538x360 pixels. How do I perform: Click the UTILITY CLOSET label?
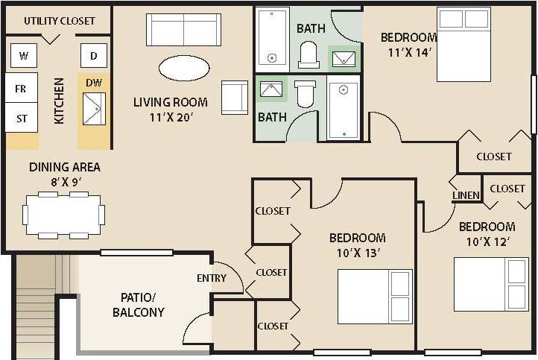[59, 21]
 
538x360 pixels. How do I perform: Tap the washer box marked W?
[23, 55]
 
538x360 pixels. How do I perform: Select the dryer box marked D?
[94, 55]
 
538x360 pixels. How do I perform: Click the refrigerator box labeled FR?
[22, 88]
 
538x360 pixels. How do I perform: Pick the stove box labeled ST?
[22, 118]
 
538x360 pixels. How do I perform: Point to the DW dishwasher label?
[94, 83]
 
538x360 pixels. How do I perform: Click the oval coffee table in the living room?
[184, 69]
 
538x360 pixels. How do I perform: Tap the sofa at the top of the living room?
[183, 29]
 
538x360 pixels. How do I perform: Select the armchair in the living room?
[234, 98]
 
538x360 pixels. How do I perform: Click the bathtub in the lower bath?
[344, 110]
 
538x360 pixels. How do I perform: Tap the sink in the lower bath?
[272, 90]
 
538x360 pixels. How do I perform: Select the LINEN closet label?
[465, 195]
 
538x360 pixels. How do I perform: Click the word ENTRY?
[212, 278]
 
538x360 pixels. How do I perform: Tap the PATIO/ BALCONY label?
[138, 305]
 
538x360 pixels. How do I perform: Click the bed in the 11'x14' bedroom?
[463, 44]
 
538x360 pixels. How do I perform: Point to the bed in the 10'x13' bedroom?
[374, 297]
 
